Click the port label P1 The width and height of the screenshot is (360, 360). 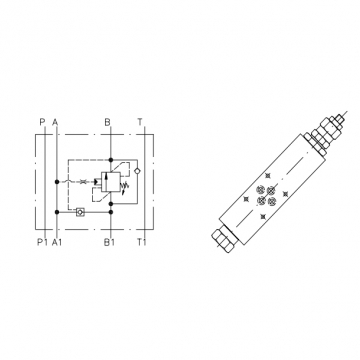tap(42, 242)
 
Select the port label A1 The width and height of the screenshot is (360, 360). tap(57, 242)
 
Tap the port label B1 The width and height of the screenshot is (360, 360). tap(109, 242)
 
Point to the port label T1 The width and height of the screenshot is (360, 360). tap(142, 242)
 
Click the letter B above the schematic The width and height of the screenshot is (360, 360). tap(107, 122)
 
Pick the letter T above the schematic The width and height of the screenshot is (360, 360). tap(140, 122)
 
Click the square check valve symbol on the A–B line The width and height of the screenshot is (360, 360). tap(80, 212)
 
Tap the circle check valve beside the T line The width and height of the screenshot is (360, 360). tap(137, 171)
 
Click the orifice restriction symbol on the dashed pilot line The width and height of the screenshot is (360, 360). tap(83, 181)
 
